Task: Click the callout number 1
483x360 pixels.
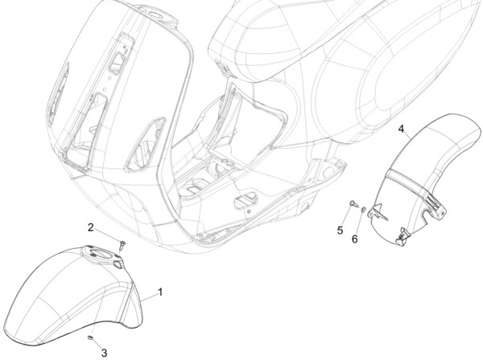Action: point(160,292)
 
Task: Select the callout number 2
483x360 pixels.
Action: point(90,227)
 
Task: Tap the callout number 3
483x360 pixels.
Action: point(104,353)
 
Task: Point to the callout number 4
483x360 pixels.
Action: point(401,129)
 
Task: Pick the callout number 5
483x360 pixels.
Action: point(340,230)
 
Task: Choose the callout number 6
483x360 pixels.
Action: point(355,238)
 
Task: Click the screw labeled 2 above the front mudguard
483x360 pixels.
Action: point(122,246)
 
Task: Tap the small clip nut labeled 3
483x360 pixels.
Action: point(90,337)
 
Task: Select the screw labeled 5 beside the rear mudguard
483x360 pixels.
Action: point(353,204)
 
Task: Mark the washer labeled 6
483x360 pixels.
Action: point(364,210)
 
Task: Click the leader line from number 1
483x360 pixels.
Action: point(150,296)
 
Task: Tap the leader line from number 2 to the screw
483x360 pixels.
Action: point(107,235)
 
